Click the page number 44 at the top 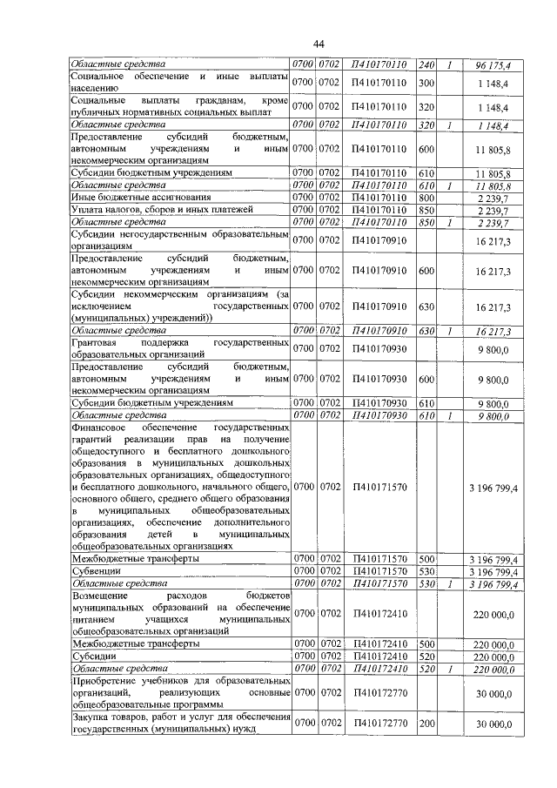[319, 44]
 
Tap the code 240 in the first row [426, 65]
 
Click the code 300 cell [426, 83]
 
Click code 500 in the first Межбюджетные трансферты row [426, 558]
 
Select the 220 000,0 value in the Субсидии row [495, 656]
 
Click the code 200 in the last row [426, 724]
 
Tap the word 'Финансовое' [101, 429]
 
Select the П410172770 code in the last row [380, 724]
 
